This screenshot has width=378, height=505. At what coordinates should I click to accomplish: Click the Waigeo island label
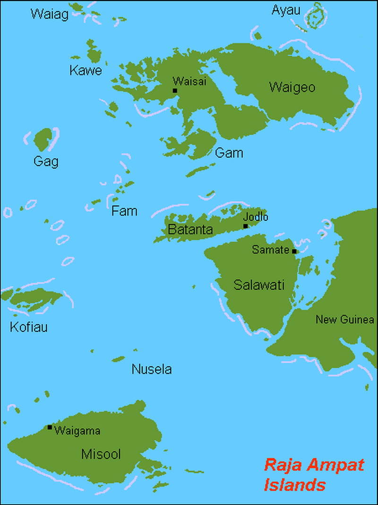coord(292,88)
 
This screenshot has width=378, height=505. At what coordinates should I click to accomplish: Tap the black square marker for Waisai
coord(175,90)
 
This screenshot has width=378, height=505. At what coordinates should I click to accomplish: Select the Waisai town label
coord(189,81)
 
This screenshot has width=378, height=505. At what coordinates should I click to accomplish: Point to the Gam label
coord(229,153)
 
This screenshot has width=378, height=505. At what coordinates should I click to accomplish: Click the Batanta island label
coord(190,230)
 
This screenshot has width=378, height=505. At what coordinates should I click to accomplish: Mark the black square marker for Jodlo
coord(245,226)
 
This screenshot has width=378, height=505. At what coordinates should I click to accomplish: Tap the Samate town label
coord(270,249)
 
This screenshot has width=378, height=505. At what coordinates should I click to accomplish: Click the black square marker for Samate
coord(294,251)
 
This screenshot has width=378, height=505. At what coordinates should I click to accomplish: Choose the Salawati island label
coord(258,284)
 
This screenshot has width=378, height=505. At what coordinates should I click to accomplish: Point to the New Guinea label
coord(345,319)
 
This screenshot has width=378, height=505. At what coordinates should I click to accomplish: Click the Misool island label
coord(101,454)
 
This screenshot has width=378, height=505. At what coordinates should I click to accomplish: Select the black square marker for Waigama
coord(50,427)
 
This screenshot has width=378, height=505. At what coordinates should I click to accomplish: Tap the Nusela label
coord(152,369)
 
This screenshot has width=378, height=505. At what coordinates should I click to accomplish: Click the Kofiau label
coord(29,327)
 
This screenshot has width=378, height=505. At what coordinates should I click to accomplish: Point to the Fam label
coord(124,211)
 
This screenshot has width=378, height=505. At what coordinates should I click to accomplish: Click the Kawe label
coord(86,71)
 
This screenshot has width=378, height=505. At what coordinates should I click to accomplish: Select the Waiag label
coord(50,14)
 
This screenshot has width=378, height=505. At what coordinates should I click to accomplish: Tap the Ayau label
coord(286,10)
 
